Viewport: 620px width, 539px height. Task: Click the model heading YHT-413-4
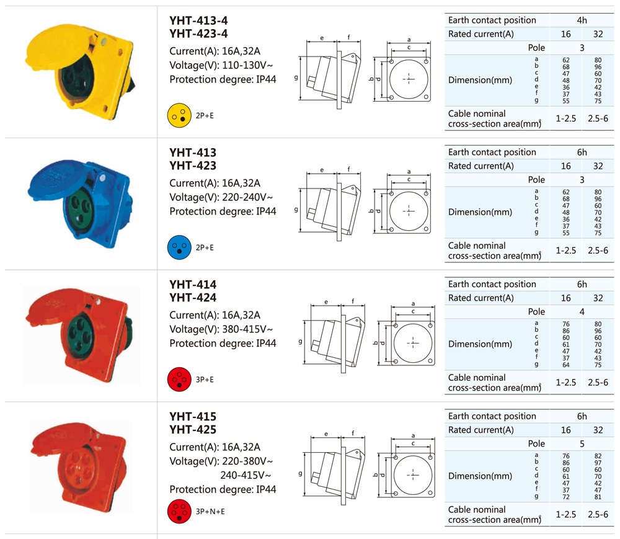pyautogui.click(x=198, y=20)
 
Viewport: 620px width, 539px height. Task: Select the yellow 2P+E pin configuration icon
pyautogui.click(x=179, y=115)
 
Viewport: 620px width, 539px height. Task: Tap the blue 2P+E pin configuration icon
pyautogui.click(x=179, y=247)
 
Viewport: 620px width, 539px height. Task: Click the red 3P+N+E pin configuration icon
pyautogui.click(x=179, y=511)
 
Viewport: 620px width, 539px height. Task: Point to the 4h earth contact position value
pyautogui.click(x=582, y=20)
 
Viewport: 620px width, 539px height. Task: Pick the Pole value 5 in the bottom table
pyautogui.click(x=582, y=443)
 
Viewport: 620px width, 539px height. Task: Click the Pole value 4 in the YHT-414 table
pyautogui.click(x=582, y=311)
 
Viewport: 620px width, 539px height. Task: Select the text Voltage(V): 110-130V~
pyautogui.click(x=221, y=65)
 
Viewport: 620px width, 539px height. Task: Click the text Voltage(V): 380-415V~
pyautogui.click(x=221, y=329)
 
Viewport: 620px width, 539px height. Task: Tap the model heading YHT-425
pyautogui.click(x=193, y=429)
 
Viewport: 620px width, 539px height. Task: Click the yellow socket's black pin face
pyautogui.click(x=77, y=77)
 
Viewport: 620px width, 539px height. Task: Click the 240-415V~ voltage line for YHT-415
pyautogui.click(x=246, y=475)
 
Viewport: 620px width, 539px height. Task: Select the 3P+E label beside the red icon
pyautogui.click(x=205, y=380)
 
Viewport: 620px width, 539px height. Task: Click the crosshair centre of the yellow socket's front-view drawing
pyautogui.click(x=409, y=79)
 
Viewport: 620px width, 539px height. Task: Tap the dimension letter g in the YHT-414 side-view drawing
pyautogui.click(x=300, y=341)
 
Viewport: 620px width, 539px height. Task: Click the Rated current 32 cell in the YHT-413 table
pyautogui.click(x=598, y=166)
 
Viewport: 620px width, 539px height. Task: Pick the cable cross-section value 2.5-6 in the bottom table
pyautogui.click(x=598, y=514)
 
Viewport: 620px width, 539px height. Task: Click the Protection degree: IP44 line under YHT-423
pyautogui.click(x=223, y=212)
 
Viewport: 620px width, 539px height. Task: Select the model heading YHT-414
pyautogui.click(x=193, y=284)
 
